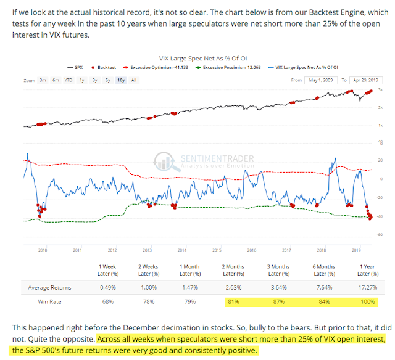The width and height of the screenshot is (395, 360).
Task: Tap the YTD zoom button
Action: pyautogui.click(x=69, y=80)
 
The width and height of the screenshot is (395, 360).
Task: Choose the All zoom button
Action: pyautogui.click(x=134, y=80)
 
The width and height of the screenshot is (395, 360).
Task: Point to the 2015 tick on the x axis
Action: pyautogui.click(x=217, y=250)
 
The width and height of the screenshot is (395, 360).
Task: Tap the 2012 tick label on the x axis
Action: pyautogui.click(x=112, y=250)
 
